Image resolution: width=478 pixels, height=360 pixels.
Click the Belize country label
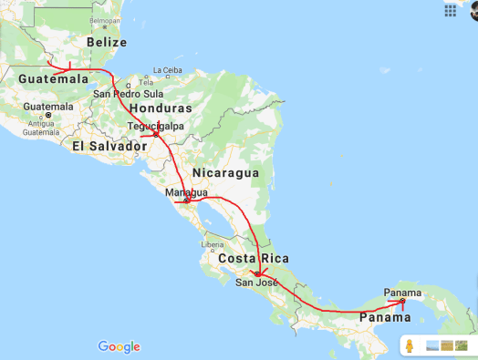[107, 42]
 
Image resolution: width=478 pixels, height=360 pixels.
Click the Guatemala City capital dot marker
[48, 115]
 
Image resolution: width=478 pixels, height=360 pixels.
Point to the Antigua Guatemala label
[40, 128]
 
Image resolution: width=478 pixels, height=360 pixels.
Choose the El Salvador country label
[109, 146]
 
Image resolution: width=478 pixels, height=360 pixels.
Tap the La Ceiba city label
[168, 70]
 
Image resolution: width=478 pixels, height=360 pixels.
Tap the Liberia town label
[213, 244]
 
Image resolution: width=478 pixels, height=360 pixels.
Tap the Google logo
[119, 345]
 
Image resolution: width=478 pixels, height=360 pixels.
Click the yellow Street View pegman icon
[410, 345]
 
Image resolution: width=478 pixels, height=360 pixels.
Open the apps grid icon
[450, 10]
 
